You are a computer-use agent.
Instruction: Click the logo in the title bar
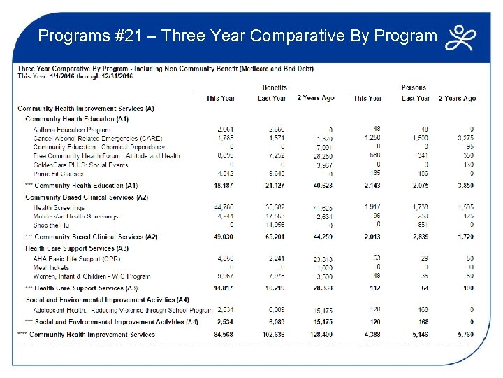click(464, 37)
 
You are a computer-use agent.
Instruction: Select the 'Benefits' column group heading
click(274, 87)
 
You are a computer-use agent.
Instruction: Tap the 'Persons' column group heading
click(414, 87)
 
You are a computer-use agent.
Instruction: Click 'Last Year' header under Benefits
click(271, 99)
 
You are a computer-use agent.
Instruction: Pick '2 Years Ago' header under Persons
click(458, 99)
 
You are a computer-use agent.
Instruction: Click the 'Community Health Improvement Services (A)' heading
click(85, 108)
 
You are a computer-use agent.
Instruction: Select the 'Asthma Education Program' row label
click(72, 129)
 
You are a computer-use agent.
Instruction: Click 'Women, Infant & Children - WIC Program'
click(92, 276)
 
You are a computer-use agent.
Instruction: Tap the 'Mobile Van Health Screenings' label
click(75, 216)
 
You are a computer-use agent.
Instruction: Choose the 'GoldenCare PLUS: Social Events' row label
click(80, 164)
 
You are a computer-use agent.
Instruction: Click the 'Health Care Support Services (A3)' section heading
click(77, 248)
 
